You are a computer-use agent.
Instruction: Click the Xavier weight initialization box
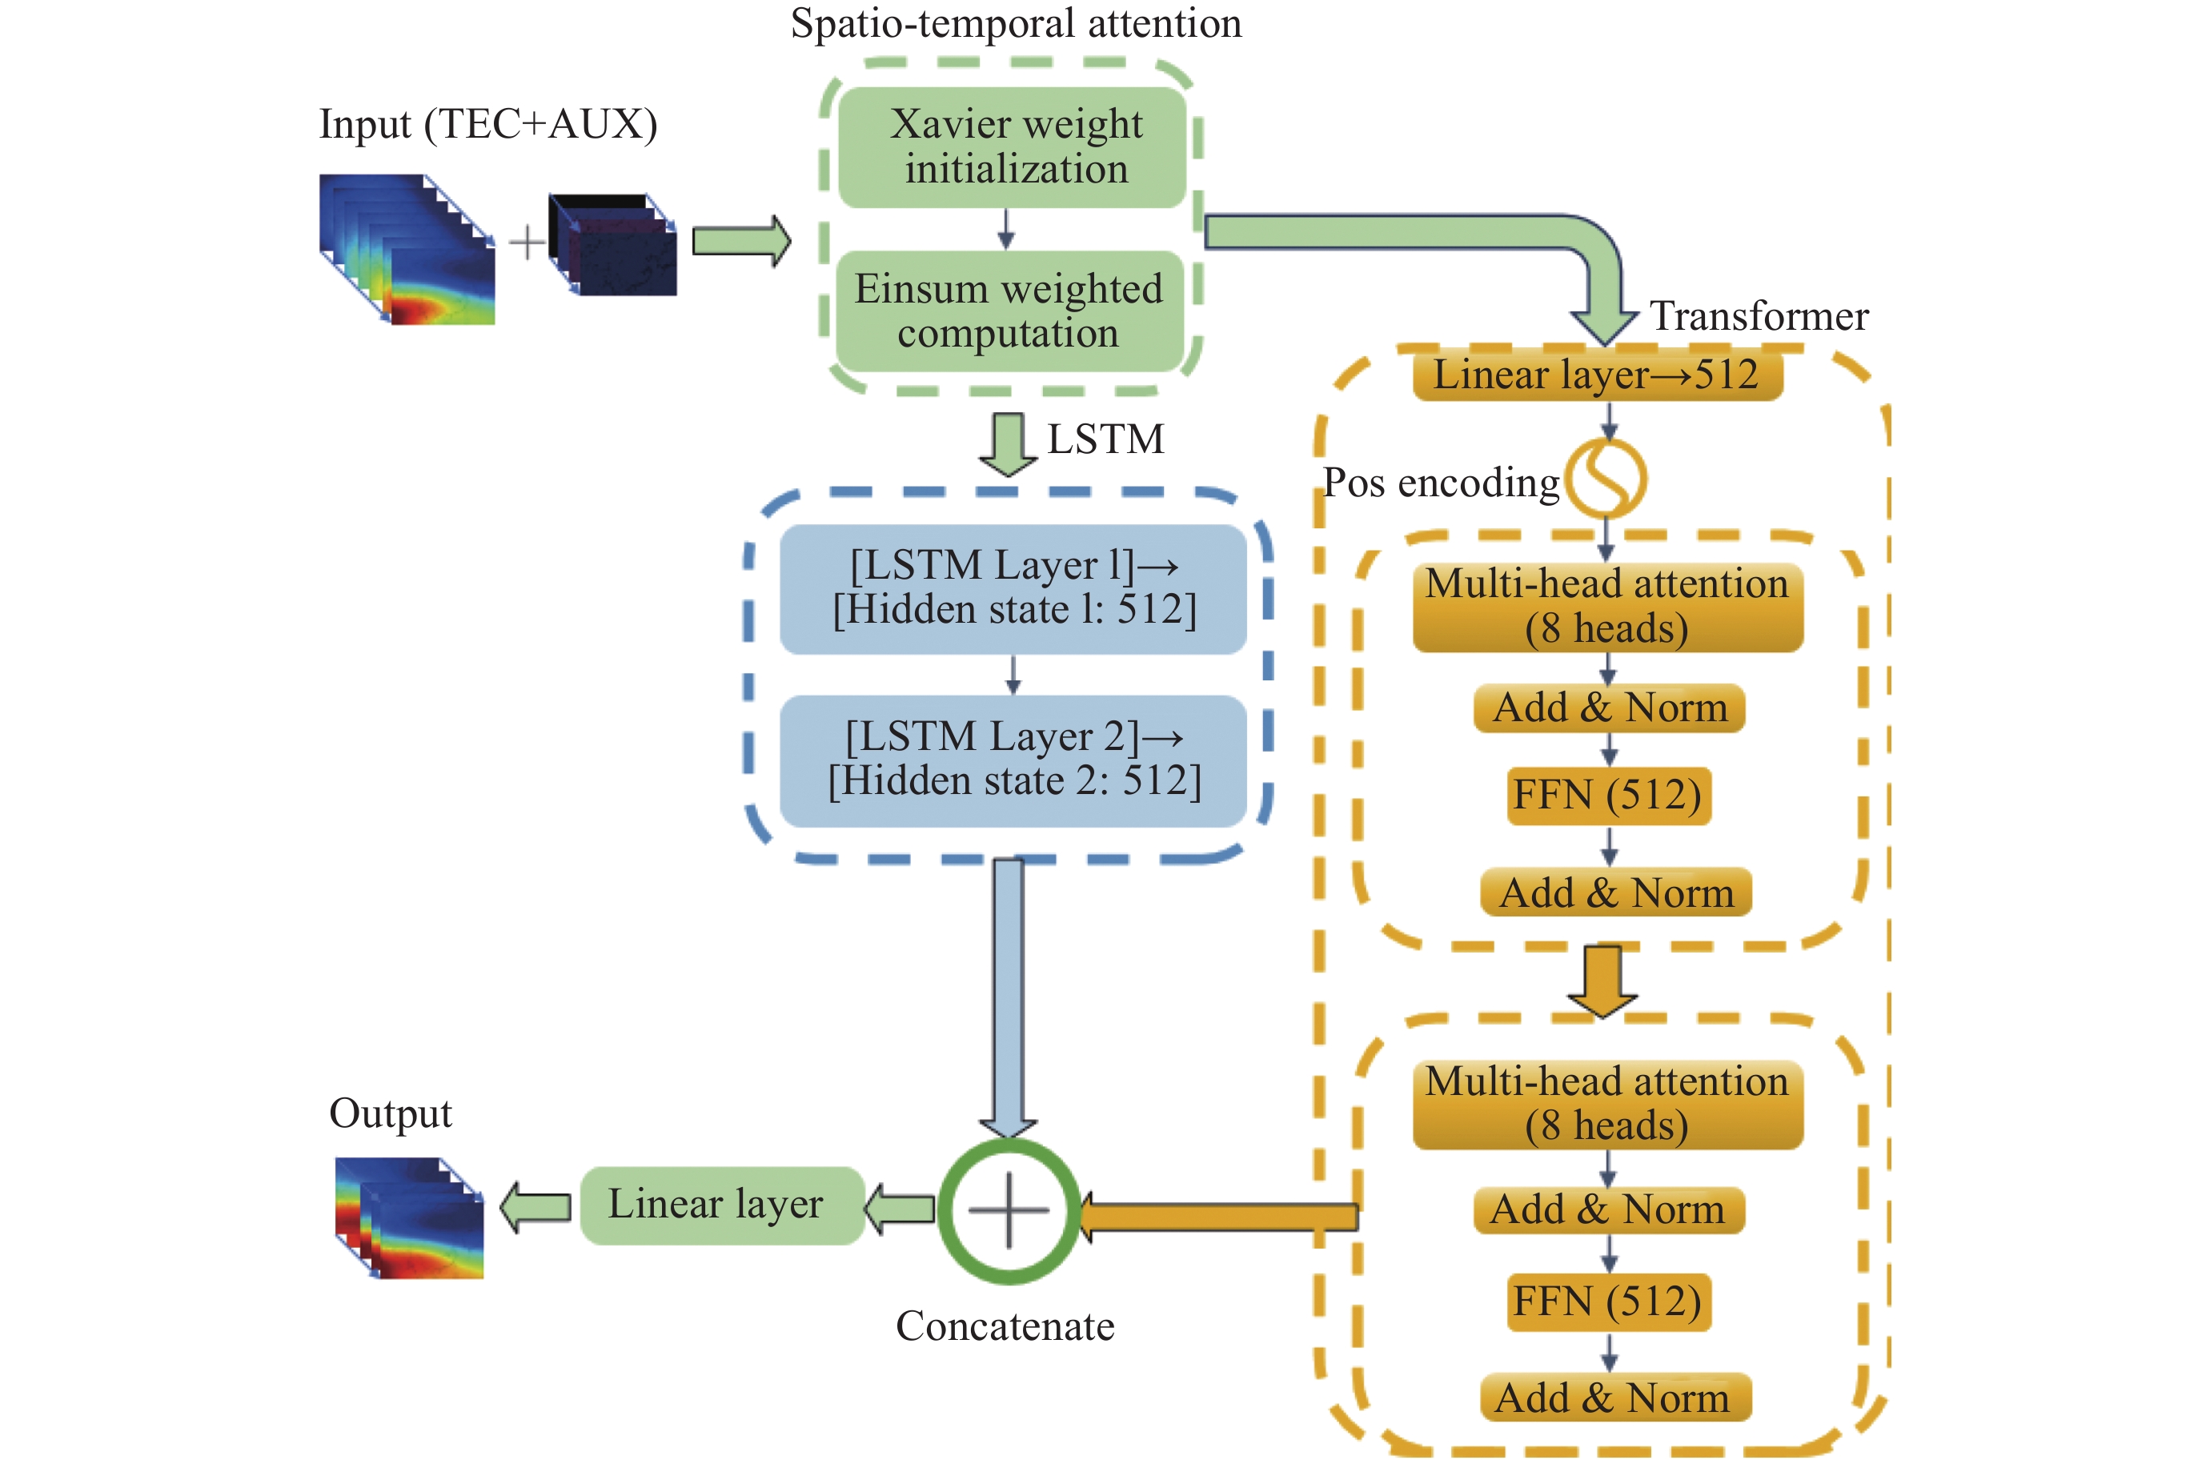coord(1013,147)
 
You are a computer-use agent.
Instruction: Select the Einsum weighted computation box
coord(1009,311)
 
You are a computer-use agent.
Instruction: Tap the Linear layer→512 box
coord(1596,375)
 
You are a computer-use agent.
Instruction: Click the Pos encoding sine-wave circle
coord(1606,478)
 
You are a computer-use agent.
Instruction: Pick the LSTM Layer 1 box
coord(1013,588)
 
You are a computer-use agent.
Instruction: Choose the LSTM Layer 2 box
coord(1013,760)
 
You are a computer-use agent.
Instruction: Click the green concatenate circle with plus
coord(1009,1210)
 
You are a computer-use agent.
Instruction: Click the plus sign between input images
coord(527,242)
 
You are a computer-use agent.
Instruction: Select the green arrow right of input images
coord(740,242)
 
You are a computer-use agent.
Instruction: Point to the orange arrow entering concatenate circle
coord(1218,1217)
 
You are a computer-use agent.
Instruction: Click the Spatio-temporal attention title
coord(1016,23)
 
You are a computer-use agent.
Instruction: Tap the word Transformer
coord(1759,316)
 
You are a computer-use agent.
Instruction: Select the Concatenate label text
coord(1005,1326)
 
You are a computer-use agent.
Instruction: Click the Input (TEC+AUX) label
coord(488,124)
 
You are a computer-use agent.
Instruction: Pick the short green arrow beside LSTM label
coord(1007,443)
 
